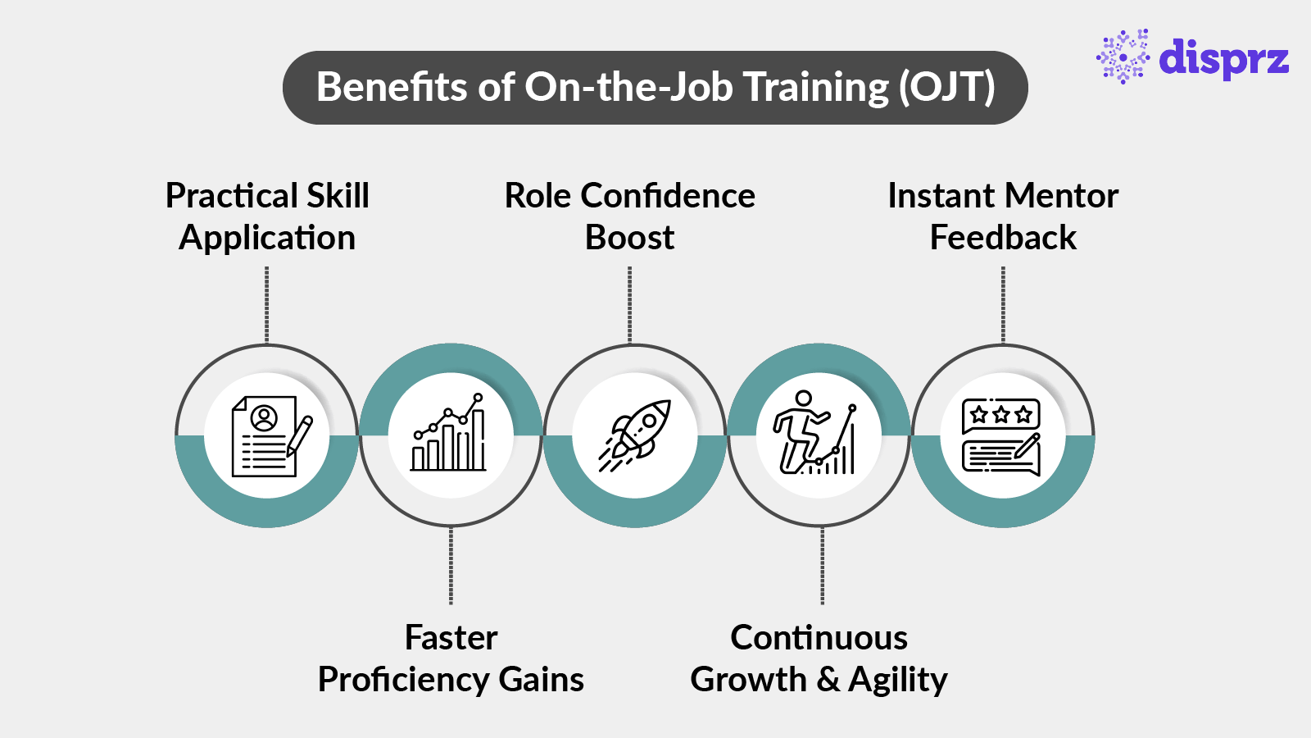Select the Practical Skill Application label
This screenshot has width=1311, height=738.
[x=267, y=216]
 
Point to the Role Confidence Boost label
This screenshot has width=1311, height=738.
[x=629, y=216]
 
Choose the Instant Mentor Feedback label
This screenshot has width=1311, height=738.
[x=1003, y=216]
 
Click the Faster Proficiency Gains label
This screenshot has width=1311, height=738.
[x=451, y=658]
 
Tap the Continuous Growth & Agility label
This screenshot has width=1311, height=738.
[x=819, y=658]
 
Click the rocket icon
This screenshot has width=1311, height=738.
[x=635, y=435]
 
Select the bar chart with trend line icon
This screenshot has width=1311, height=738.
[x=450, y=435]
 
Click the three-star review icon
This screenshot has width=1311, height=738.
[x=1001, y=436]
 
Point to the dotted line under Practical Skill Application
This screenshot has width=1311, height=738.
[x=267, y=303]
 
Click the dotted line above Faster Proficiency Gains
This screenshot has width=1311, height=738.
[x=451, y=566]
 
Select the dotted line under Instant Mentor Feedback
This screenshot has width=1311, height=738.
[x=1003, y=303]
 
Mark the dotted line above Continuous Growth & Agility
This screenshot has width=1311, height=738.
[x=822, y=566]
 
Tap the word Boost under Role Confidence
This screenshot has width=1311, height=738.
[x=629, y=238]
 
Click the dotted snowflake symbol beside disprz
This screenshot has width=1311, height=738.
[x=1123, y=57]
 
